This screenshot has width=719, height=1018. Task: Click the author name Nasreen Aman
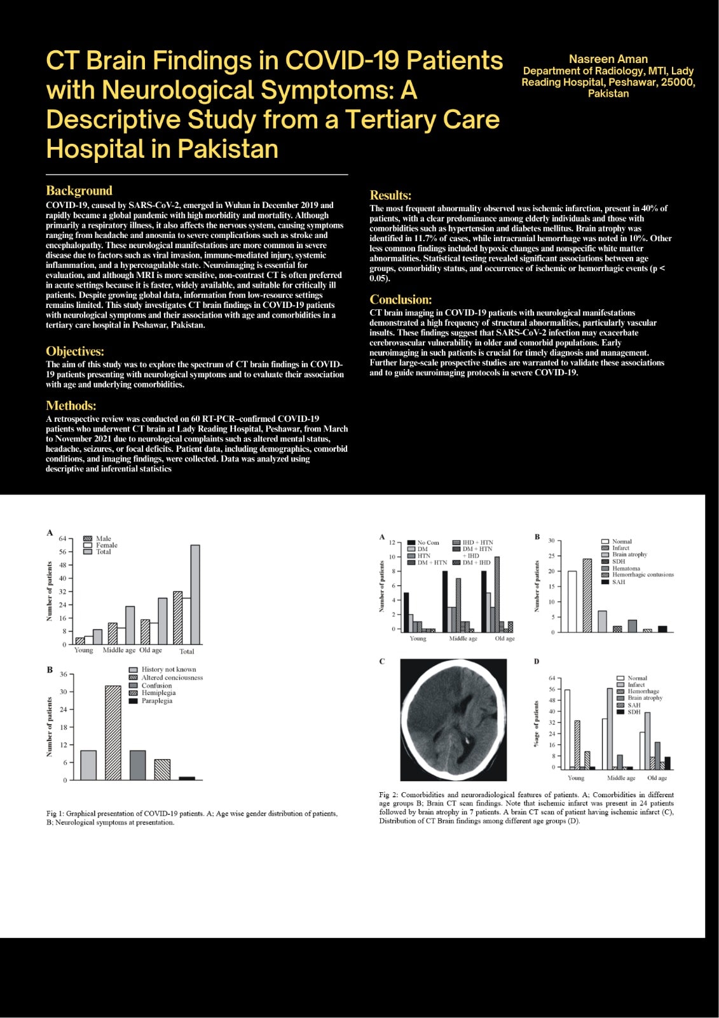click(x=608, y=59)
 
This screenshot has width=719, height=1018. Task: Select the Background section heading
click(x=79, y=190)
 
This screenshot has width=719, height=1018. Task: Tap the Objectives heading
click(x=75, y=351)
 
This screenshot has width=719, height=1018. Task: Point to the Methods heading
click(x=71, y=405)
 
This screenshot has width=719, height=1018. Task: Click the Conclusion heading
click(x=401, y=299)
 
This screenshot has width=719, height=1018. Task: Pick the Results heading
click(x=390, y=195)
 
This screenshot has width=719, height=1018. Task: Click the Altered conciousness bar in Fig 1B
click(x=113, y=732)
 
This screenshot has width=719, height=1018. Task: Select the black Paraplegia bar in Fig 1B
click(x=187, y=778)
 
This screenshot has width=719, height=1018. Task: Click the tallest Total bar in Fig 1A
click(x=195, y=594)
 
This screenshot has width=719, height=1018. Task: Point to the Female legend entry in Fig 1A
click(x=106, y=545)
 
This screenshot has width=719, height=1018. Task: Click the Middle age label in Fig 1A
click(x=119, y=650)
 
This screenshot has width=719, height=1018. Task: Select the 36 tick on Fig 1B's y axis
click(x=64, y=674)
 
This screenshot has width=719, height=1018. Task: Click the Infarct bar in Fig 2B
click(x=587, y=596)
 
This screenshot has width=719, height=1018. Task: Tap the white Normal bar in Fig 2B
click(x=572, y=601)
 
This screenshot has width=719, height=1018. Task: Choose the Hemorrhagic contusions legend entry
click(x=642, y=575)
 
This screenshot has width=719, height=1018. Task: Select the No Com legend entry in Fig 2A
click(x=428, y=543)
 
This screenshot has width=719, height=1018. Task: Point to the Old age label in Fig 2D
click(x=657, y=778)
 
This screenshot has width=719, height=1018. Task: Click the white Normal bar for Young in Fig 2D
click(x=567, y=729)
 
